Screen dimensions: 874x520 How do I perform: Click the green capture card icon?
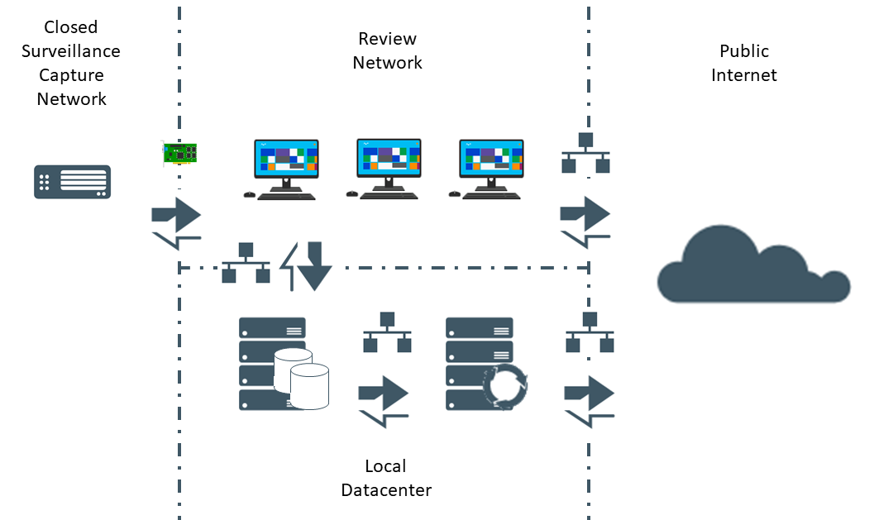[179, 153]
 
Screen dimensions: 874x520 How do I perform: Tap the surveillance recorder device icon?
[73, 182]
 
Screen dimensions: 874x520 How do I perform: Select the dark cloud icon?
[753, 265]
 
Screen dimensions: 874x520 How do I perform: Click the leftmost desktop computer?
[283, 169]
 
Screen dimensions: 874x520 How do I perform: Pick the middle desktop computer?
[385, 169]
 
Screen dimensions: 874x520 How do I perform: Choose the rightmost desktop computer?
[488, 169]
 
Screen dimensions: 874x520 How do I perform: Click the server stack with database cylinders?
[284, 364]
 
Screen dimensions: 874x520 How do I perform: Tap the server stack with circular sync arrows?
[486, 364]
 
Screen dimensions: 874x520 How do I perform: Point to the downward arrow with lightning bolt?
[307, 266]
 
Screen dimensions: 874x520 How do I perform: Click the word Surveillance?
[71, 51]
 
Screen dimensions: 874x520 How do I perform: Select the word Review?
[388, 39]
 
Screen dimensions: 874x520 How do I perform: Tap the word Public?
[744, 51]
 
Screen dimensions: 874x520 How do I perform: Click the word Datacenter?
[386, 490]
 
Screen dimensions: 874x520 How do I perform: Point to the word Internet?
[744, 75]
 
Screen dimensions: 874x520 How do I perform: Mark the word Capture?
[71, 76]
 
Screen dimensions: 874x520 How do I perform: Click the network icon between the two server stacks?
[388, 332]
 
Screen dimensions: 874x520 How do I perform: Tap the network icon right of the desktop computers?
[585, 153]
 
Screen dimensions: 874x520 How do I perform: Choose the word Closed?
[71, 27]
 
